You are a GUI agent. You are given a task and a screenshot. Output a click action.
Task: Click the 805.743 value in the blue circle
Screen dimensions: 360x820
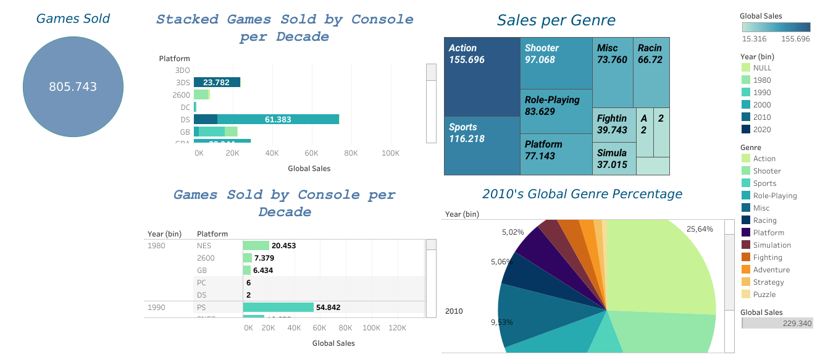[73, 87]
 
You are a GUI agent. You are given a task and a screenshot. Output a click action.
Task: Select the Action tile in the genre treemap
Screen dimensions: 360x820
[482, 77]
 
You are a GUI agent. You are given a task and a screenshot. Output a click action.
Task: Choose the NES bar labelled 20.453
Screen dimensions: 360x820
[256, 246]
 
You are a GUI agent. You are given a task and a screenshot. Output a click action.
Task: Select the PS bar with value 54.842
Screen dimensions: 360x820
[278, 308]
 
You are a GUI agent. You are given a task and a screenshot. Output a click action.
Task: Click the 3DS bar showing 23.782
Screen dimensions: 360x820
[217, 82]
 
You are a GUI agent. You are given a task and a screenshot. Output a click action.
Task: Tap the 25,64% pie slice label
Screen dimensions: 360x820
[700, 229]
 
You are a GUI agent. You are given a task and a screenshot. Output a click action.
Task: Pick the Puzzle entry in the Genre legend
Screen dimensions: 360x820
[764, 295]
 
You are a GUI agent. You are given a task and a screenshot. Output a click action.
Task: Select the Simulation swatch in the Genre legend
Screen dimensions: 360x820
[745, 245]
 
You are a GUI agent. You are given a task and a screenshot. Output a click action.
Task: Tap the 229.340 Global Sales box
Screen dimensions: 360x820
[777, 323]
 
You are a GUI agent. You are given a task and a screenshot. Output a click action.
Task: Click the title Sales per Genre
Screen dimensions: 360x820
[556, 20]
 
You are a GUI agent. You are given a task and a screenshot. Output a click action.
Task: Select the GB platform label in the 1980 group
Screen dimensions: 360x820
[202, 270]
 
